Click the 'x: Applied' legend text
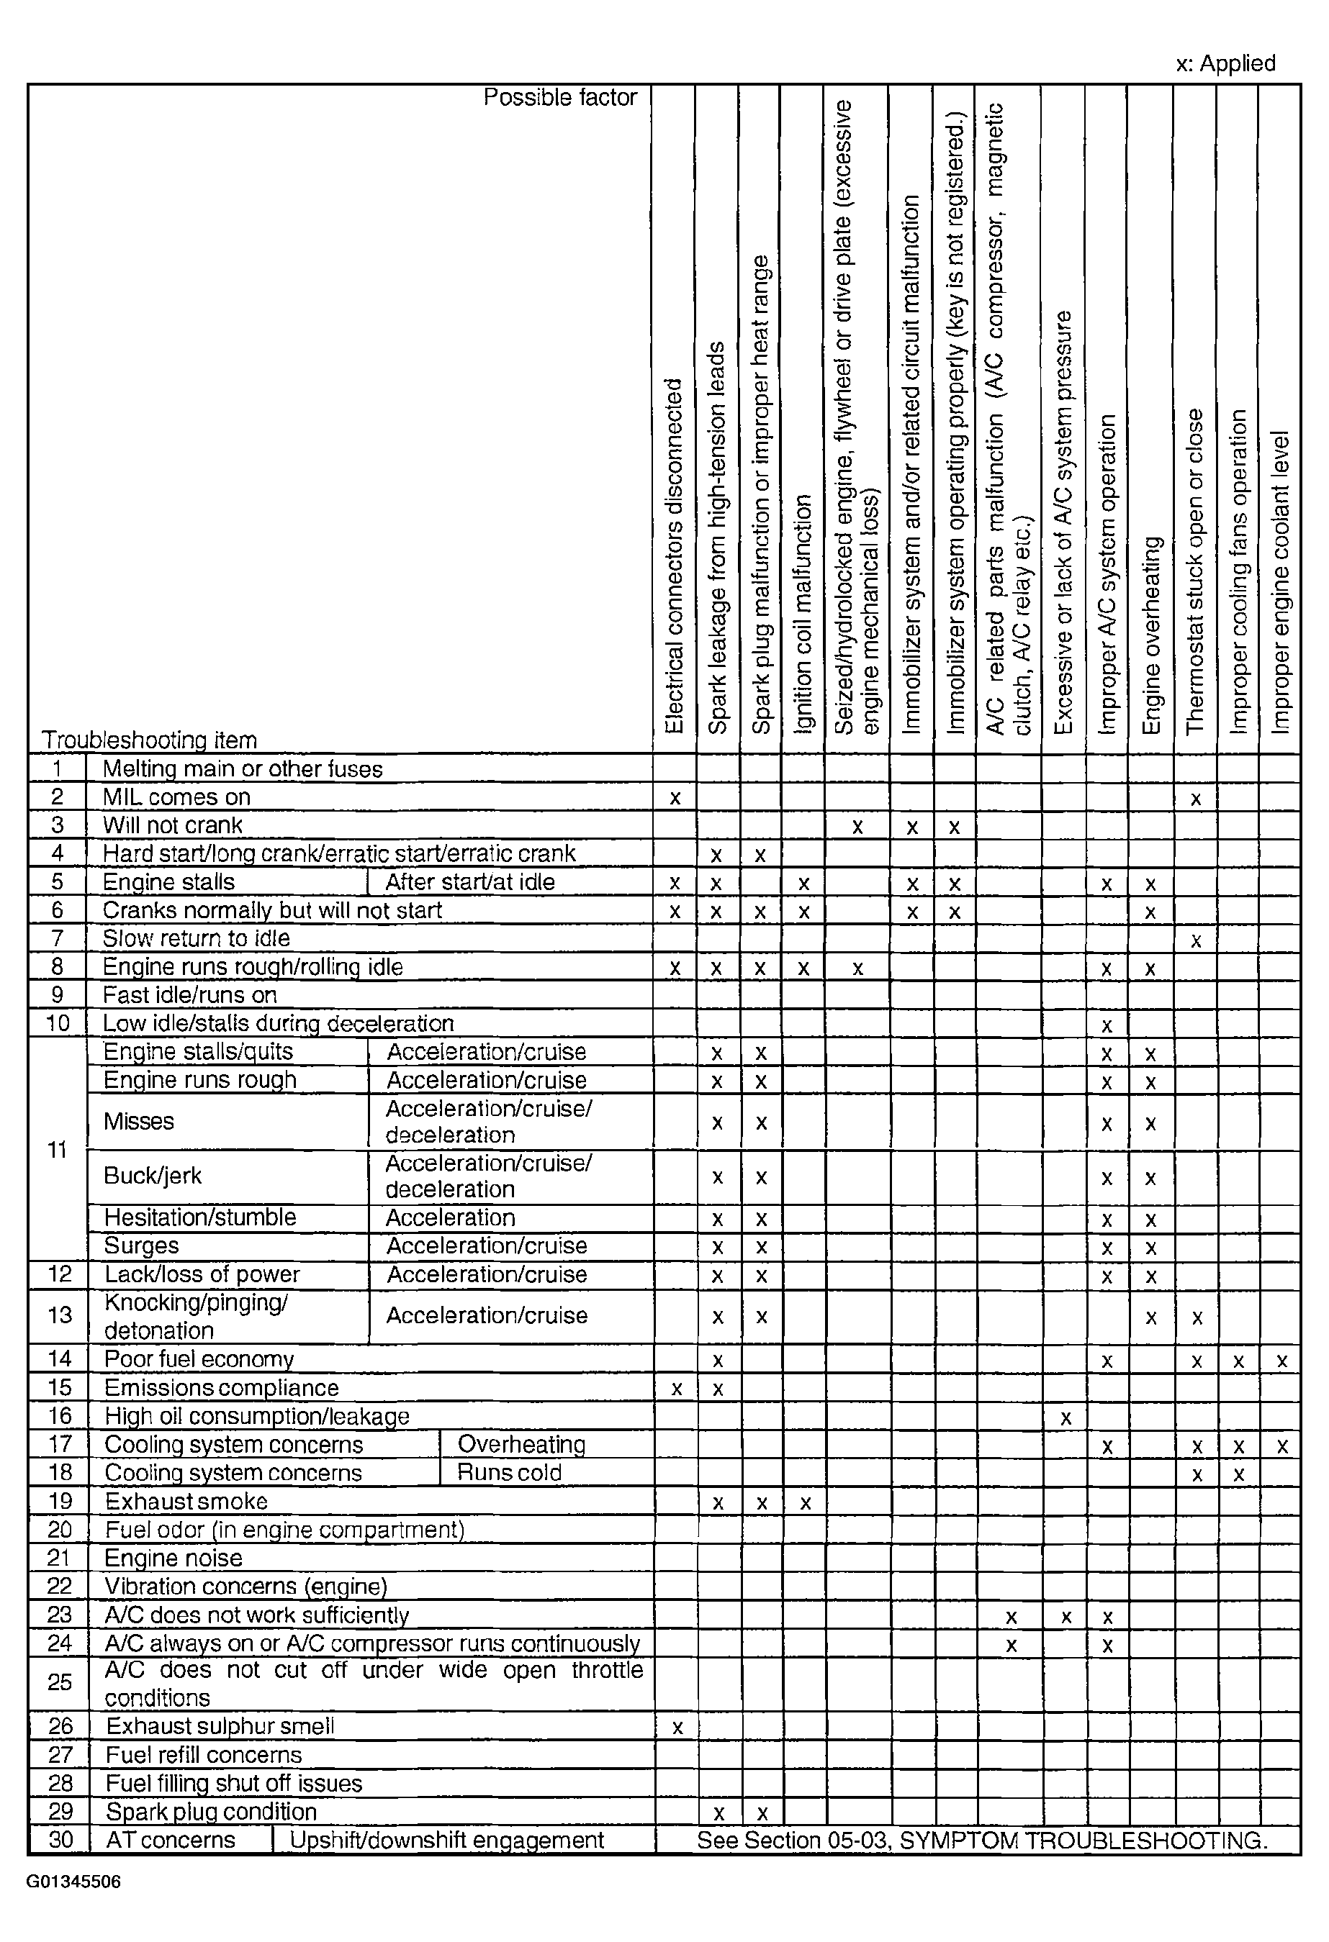tap(1225, 63)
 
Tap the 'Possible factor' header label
tap(560, 98)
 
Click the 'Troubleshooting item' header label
tap(149, 740)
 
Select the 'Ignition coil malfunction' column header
tap(803, 614)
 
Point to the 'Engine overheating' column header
tap(1151, 636)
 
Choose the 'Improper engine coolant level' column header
tap(1280, 582)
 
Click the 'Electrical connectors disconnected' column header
tap(674, 556)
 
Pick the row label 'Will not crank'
tap(172, 825)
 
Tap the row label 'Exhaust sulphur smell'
tap(220, 1726)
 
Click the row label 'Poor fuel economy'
tap(199, 1360)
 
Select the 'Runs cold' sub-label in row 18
tap(509, 1472)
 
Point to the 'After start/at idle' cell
tap(469, 882)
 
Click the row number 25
tap(59, 1682)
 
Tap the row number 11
tap(57, 1150)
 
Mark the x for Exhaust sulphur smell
tap(677, 1728)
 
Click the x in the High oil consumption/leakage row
tap(1066, 1418)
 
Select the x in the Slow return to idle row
tap(1196, 941)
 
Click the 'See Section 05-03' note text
tap(982, 1840)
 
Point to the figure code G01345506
tap(73, 1882)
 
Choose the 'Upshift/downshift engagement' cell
tap(446, 1840)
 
